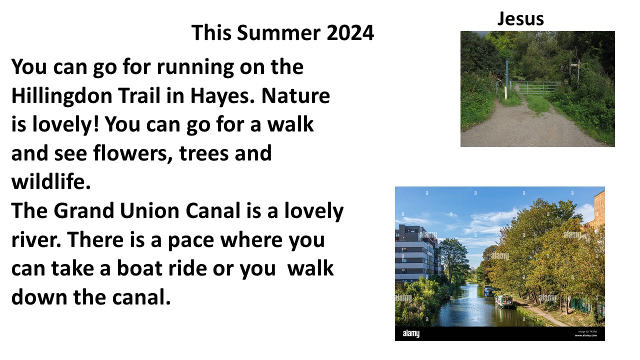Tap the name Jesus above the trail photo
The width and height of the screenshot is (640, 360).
[x=520, y=19]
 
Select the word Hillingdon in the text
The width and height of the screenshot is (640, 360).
[x=61, y=96]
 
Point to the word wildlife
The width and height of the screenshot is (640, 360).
[x=51, y=181]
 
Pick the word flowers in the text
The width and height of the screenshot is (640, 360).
[x=133, y=153]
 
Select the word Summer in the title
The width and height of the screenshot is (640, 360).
[x=278, y=32]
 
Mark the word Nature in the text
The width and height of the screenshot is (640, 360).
[x=295, y=95]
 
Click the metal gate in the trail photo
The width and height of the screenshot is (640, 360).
[x=534, y=88]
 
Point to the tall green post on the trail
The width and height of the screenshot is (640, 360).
[x=507, y=78]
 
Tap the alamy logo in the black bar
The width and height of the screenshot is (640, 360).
[x=411, y=333]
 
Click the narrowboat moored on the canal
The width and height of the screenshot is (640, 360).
[x=505, y=301]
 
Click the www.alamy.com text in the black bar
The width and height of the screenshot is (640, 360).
[x=585, y=335]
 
